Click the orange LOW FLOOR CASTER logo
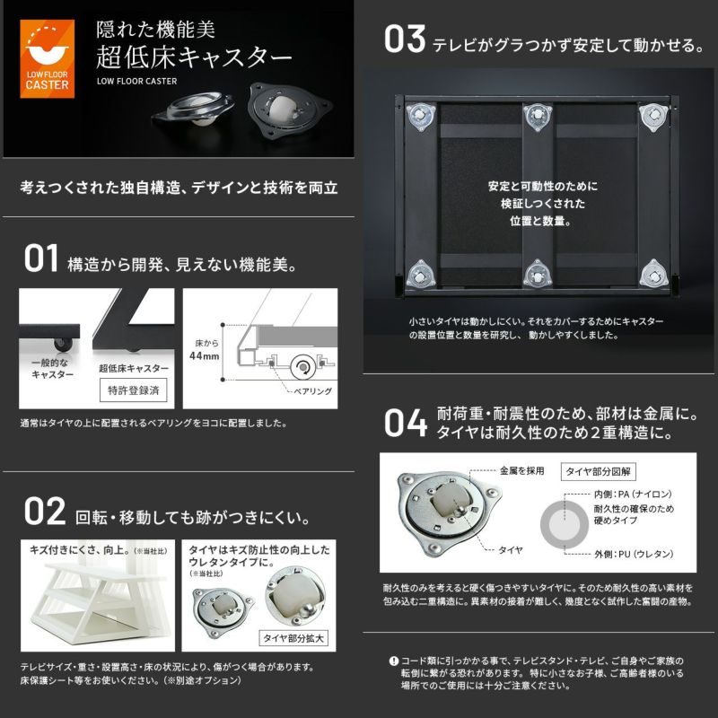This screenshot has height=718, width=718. (x=48, y=58)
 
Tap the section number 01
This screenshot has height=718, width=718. (x=41, y=258)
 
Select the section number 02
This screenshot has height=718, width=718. (x=45, y=512)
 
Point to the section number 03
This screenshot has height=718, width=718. (x=405, y=39)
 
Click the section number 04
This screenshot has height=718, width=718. (x=406, y=422)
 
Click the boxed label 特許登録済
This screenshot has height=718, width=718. (x=133, y=390)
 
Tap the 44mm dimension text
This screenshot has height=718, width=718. (x=205, y=355)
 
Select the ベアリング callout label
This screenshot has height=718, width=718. (x=312, y=391)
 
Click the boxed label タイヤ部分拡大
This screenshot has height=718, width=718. (x=293, y=638)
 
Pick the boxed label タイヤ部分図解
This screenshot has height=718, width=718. (x=598, y=472)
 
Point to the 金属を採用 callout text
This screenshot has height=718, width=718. (x=521, y=470)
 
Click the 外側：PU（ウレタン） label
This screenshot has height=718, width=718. (x=634, y=554)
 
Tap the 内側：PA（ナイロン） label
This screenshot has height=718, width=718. (x=633, y=495)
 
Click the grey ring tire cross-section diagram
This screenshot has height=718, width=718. (x=547, y=525)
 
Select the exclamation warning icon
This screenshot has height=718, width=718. (x=393, y=661)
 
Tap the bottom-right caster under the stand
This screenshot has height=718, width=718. (x=653, y=275)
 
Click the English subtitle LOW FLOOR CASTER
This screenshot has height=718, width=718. (x=137, y=82)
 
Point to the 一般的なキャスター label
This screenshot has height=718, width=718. (x=52, y=369)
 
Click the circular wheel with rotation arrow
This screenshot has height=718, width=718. (x=302, y=367)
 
